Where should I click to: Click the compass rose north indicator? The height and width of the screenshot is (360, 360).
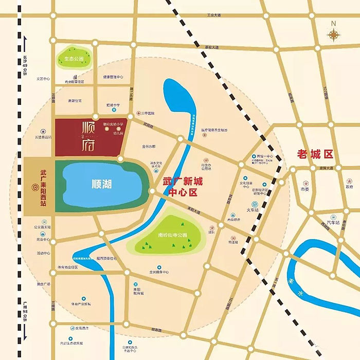pyautogui.click(x=334, y=33)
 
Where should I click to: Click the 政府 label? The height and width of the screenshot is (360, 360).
pyautogui.click(x=350, y=187)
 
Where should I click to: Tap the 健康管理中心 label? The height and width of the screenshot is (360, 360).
pyautogui.click(x=113, y=77)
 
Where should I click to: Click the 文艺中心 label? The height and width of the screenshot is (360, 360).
pyautogui.click(x=43, y=79)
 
